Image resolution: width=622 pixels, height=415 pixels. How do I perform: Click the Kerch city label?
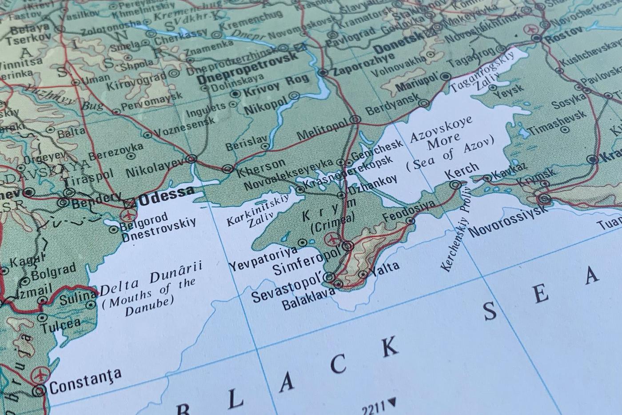462,171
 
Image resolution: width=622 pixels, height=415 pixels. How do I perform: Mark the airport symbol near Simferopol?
331,239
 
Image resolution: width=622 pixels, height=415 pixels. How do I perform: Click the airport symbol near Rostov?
529,29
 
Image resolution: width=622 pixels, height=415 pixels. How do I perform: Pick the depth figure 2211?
374,408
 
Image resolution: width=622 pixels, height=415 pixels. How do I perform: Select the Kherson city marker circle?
227,168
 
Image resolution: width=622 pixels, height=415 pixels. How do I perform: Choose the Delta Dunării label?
151,278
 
